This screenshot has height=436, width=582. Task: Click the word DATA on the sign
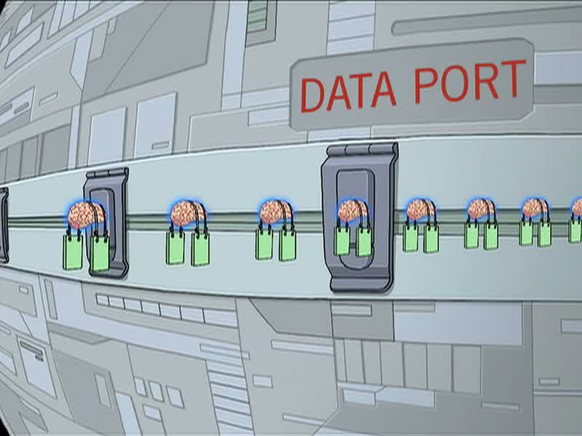pyautogui.click(x=348, y=92)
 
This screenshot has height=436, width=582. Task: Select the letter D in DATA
pyautogui.click(x=313, y=95)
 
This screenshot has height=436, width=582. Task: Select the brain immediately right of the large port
pyautogui.click(x=420, y=210)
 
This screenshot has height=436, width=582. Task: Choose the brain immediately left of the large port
pyautogui.click(x=276, y=213)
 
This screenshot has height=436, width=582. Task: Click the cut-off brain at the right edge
pyautogui.click(x=577, y=208)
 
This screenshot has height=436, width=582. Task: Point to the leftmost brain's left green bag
pyautogui.click(x=73, y=251)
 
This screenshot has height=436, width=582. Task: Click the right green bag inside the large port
pyautogui.click(x=364, y=242)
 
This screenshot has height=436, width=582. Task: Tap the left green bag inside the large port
pyautogui.click(x=342, y=241)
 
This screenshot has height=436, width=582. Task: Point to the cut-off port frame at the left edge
pyautogui.click(x=4, y=225)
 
